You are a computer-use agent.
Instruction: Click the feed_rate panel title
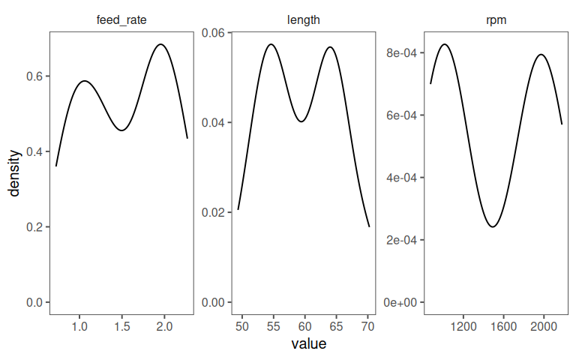pyautogui.click(x=121, y=20)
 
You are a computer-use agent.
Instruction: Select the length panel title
pyautogui.click(x=304, y=20)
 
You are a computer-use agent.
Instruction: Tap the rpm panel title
pyautogui.click(x=496, y=20)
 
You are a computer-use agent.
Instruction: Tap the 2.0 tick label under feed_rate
pyautogui.click(x=165, y=327)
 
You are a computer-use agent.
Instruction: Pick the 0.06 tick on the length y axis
pyautogui.click(x=214, y=32)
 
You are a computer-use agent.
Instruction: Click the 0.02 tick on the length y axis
pyautogui.click(x=214, y=212)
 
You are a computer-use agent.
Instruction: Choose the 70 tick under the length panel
pyautogui.click(x=367, y=327)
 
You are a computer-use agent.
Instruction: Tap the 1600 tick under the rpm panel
pyautogui.click(x=503, y=327)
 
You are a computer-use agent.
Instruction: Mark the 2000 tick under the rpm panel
pyautogui.click(x=543, y=327)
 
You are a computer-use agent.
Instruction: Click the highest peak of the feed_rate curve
pyautogui.click(x=160, y=44)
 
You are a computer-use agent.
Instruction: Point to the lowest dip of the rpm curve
pyautogui.click(x=492, y=226)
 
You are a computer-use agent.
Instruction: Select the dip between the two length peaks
pyautogui.click(x=301, y=121)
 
